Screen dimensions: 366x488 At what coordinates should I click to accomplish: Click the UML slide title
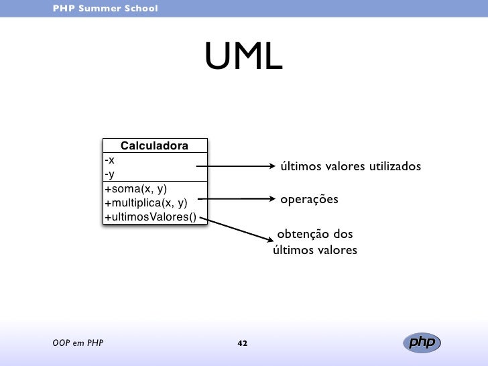coord(244,58)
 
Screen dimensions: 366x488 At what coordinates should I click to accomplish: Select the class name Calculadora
coord(154,146)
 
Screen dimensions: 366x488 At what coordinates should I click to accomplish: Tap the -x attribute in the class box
coord(110,160)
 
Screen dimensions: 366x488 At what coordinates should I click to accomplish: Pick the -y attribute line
coord(110,174)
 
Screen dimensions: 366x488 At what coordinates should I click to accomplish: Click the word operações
coord(309,200)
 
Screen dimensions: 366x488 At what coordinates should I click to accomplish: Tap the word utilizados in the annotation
coord(393,166)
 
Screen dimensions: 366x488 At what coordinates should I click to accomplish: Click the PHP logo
coord(423,343)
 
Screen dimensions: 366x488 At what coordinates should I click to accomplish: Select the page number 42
coord(243,344)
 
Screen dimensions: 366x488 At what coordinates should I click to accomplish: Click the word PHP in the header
coord(63,9)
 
